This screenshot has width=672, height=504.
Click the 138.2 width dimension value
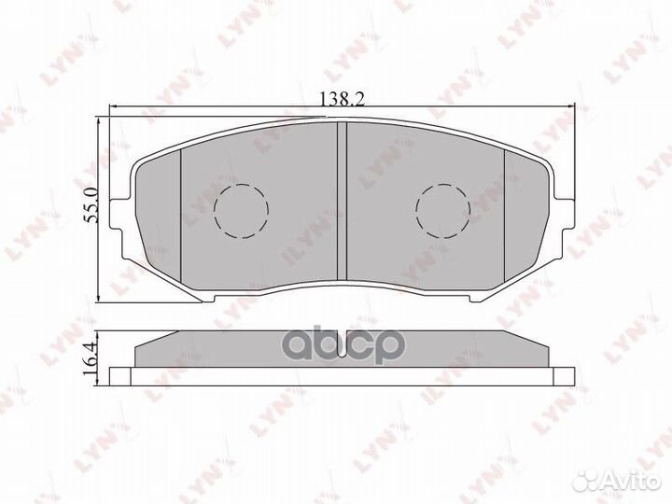[337, 96]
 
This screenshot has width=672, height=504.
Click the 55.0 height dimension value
[91, 205]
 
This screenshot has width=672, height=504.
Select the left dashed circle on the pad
[241, 206]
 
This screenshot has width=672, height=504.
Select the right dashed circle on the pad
[442, 207]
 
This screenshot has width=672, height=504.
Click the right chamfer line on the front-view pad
[505, 219]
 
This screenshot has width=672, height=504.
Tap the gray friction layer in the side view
[342, 349]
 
